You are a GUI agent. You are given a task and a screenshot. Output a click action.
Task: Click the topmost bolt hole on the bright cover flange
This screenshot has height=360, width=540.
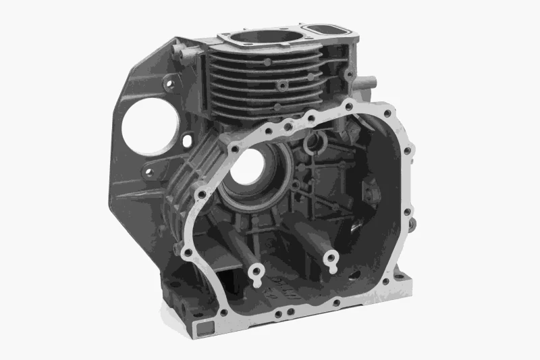point(348,105)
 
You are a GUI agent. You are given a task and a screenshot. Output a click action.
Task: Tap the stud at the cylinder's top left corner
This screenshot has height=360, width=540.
point(178,50)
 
